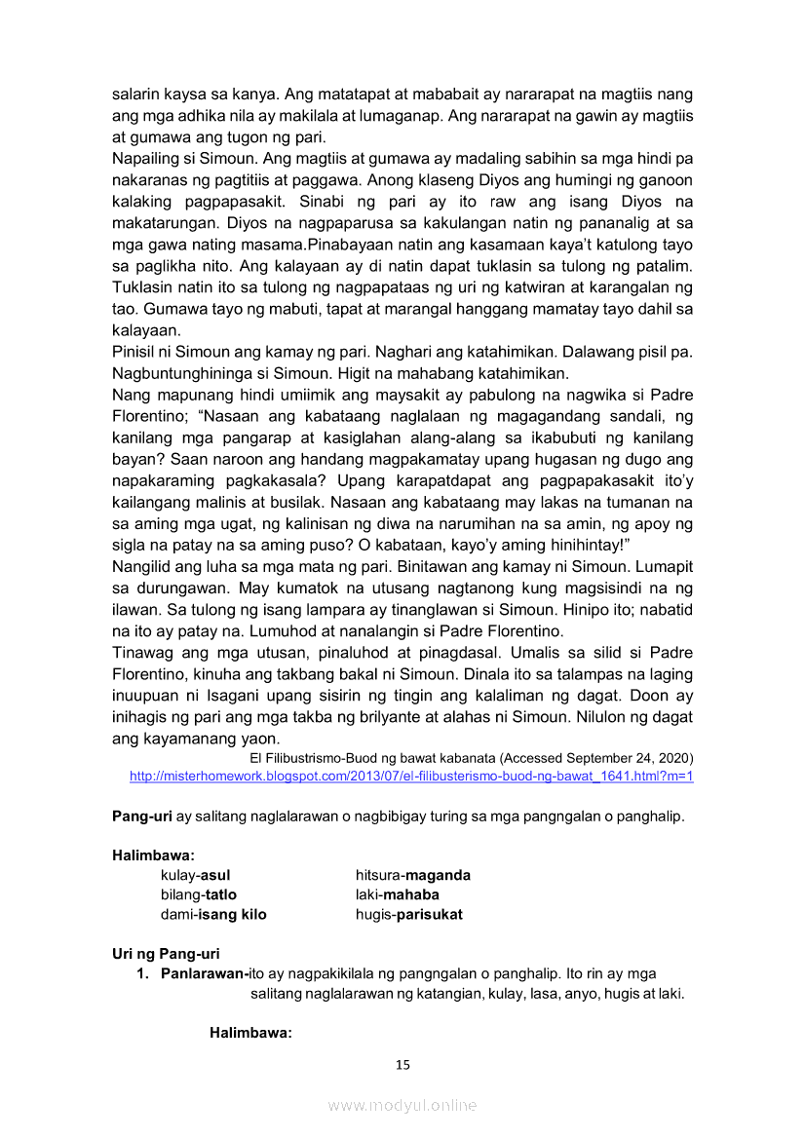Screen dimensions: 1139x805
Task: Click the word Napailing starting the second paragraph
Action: click(x=146, y=157)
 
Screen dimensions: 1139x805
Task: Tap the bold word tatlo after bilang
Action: click(x=220, y=894)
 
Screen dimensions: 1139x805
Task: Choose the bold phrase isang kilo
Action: click(x=233, y=914)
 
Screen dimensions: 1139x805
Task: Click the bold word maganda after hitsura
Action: click(x=438, y=875)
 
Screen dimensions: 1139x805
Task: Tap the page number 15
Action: click(x=402, y=1064)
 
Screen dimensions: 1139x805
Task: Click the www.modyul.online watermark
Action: click(x=402, y=1105)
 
